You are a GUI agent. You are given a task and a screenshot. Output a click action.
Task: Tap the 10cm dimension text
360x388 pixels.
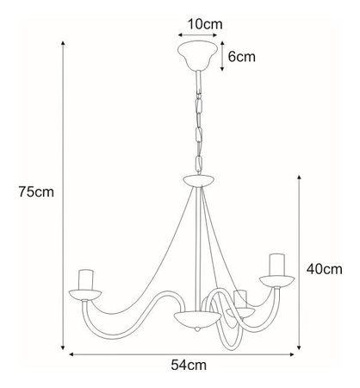204,23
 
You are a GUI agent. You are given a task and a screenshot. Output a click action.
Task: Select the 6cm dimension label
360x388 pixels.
241,57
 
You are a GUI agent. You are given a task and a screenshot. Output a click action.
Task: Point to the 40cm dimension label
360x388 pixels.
324,269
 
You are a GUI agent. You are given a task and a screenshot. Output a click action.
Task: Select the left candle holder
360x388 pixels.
85,278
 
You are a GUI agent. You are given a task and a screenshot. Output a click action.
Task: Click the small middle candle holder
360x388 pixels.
242,298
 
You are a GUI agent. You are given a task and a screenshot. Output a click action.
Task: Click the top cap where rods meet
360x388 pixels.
200,182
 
